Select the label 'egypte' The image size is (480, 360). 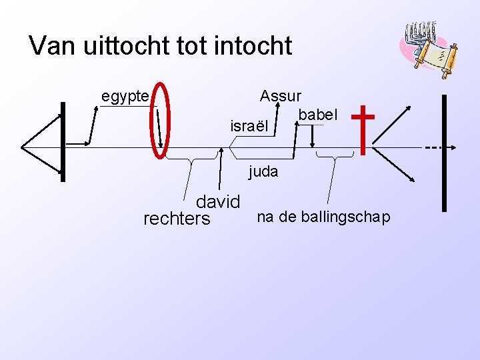(x=125, y=97)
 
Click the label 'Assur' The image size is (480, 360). (x=281, y=96)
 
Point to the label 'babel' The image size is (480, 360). (x=318, y=115)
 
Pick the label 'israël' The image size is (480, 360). (x=249, y=125)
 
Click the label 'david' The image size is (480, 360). (x=217, y=201)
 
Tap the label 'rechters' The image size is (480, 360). (x=177, y=219)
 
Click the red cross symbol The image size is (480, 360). (x=363, y=129)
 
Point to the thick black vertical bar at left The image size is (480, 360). (x=63, y=141)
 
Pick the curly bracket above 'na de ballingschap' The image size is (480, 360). (x=334, y=156)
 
